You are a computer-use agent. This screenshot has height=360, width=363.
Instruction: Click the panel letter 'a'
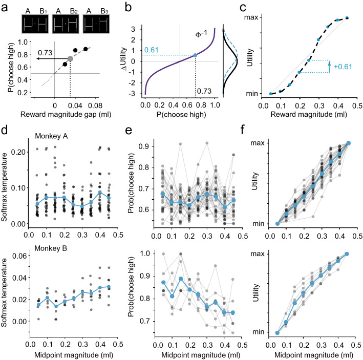click(x=5, y=7)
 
